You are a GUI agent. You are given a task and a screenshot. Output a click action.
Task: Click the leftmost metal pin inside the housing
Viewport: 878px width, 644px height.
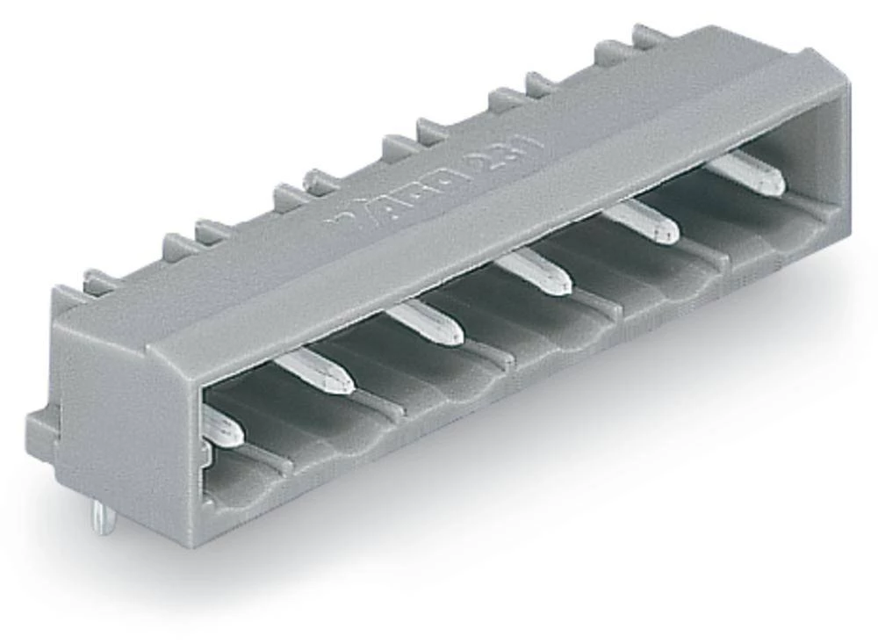(x=222, y=428)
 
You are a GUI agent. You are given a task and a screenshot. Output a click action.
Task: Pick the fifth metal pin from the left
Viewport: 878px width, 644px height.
(x=641, y=222)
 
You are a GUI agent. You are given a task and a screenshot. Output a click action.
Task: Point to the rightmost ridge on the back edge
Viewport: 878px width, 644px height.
(x=650, y=37)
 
